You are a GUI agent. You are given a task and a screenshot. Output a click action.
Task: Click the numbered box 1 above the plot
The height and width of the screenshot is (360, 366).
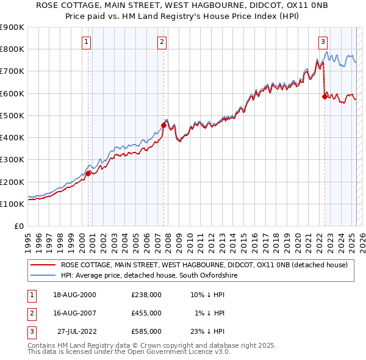pos(87,42)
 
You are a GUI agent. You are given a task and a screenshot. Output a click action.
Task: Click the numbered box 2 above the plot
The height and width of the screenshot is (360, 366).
pos(162,42)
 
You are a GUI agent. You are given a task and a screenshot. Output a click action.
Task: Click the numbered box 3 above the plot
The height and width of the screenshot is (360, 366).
pos(323,42)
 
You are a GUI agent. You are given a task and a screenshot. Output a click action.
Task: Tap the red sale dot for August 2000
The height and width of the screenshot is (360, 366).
pos(88,173)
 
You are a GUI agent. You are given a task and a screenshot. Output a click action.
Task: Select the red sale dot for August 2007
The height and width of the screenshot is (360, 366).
pos(163,125)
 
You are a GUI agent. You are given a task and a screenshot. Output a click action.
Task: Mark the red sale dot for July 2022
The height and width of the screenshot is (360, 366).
pos(325,96)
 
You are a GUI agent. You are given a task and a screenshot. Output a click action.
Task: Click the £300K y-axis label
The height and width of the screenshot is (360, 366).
pos(12,160)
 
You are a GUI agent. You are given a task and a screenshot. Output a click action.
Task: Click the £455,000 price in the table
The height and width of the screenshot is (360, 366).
pos(146,313)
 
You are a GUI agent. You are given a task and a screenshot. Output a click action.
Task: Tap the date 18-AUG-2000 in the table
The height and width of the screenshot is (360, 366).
pos(74,295)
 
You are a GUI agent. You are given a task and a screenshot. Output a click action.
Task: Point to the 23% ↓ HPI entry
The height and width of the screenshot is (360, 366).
pos(207,331)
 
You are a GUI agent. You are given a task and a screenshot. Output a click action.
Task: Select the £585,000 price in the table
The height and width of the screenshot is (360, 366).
pos(146,331)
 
